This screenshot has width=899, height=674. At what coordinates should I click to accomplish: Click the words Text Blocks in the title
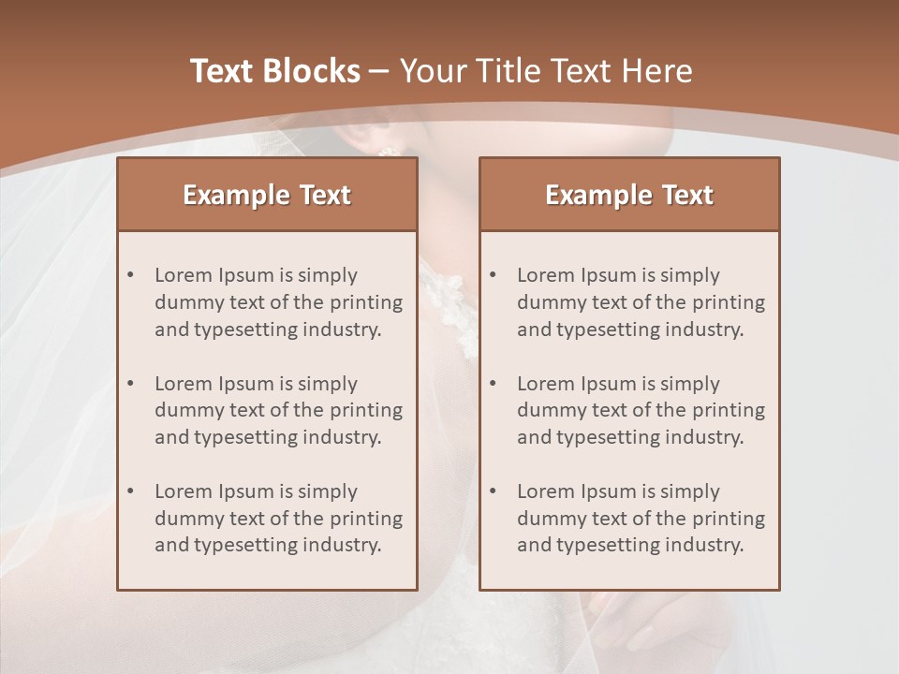point(274,71)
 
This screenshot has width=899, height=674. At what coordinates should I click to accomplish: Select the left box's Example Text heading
point(267,195)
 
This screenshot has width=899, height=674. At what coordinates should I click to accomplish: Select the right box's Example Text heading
point(629,195)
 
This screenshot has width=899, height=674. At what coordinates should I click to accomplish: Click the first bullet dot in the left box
point(130,275)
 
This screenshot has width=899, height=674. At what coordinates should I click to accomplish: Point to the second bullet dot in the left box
point(130,384)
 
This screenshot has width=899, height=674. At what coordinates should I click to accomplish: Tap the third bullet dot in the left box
point(130,491)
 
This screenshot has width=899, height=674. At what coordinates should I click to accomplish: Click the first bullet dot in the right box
point(493,275)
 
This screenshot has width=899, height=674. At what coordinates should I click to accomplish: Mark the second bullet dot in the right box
point(493,384)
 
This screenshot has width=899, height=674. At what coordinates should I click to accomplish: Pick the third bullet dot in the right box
point(493,491)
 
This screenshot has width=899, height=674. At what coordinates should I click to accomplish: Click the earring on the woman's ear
point(386,152)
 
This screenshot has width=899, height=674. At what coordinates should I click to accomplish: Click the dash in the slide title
point(379,71)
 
